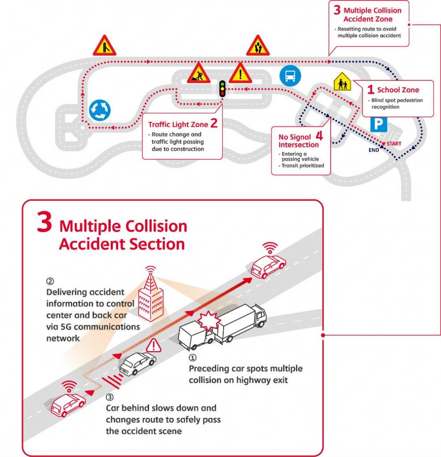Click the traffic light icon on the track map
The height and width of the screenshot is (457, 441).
click(222, 89)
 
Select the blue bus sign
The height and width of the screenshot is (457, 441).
click(288, 76)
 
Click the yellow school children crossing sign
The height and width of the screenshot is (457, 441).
click(342, 83)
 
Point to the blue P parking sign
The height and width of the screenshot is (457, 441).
click(378, 124)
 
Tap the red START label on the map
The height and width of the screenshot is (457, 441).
click(394, 144)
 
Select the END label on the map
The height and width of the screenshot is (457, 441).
click(374, 150)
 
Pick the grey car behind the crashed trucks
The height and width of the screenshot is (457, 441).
click(137, 362)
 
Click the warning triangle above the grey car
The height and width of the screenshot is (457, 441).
click(153, 345)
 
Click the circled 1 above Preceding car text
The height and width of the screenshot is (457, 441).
click(192, 358)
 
